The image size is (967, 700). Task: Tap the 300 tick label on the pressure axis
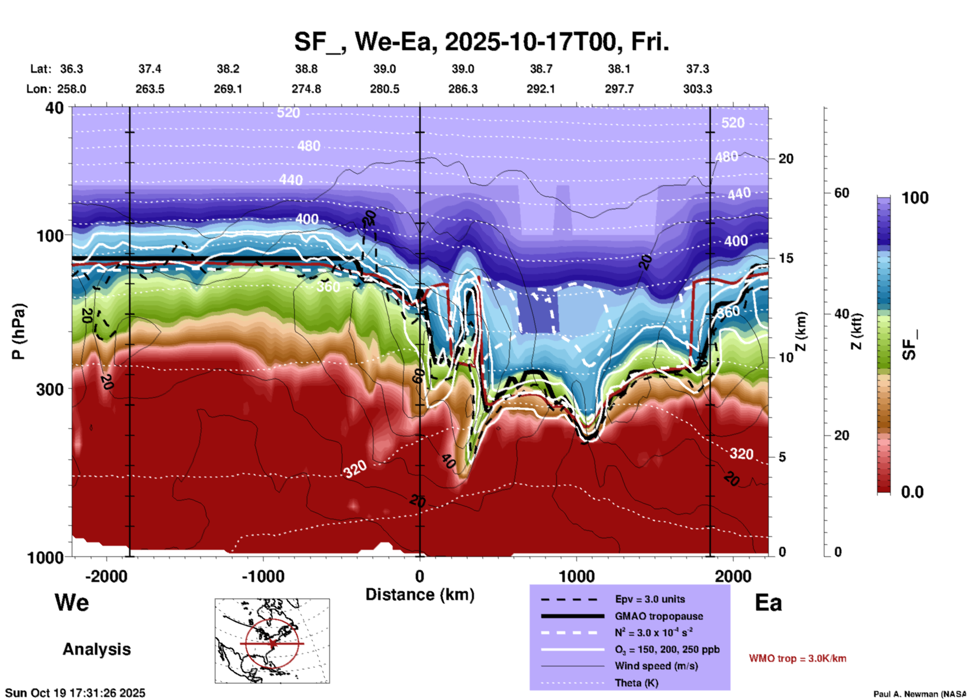click(50, 389)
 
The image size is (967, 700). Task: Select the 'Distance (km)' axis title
click(420, 595)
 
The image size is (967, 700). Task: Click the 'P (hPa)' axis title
click(19, 331)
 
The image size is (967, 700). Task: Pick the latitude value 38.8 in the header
click(306, 69)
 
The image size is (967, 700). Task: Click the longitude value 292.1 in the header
click(541, 89)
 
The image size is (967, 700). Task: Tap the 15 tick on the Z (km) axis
click(786, 258)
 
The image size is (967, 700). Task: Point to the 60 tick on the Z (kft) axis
click(841, 193)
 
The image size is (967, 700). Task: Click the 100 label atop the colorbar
click(915, 198)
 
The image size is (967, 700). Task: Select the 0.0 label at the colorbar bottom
click(912, 492)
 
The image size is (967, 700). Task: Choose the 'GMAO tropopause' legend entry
click(659, 616)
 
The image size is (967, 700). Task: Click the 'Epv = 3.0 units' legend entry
click(650, 599)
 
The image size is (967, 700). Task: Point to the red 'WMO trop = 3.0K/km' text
click(797, 658)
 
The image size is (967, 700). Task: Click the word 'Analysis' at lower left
click(96, 649)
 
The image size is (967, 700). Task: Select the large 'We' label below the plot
click(72, 603)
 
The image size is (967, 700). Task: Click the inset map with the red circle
click(272, 641)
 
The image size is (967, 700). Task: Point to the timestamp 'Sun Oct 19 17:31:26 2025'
click(75, 693)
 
